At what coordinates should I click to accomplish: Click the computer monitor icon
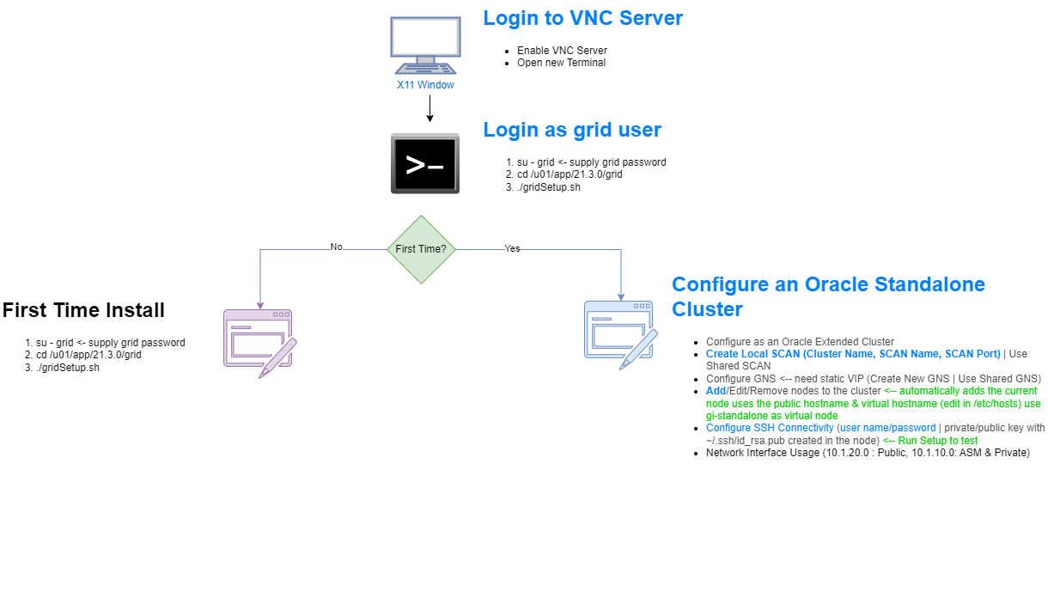(425, 46)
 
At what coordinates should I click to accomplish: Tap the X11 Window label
(425, 85)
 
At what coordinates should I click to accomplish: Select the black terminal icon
(425, 164)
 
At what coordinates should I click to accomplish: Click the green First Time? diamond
(421, 249)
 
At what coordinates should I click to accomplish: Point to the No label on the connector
(337, 247)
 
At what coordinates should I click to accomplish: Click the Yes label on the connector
(512, 248)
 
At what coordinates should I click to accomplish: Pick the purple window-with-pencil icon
(260, 344)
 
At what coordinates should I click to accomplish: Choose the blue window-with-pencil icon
(621, 335)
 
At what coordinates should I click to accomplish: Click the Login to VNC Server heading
(582, 18)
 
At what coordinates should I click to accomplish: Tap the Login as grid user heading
(572, 130)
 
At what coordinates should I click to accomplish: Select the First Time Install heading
(83, 310)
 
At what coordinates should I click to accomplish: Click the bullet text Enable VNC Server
(562, 51)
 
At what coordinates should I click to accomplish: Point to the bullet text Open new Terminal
(562, 63)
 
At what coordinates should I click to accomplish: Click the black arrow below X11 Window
(430, 108)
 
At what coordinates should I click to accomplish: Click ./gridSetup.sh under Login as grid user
(549, 187)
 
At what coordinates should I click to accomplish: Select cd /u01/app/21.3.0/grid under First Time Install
(88, 355)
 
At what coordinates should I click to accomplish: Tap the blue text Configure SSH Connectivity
(770, 428)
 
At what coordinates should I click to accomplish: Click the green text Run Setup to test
(937, 441)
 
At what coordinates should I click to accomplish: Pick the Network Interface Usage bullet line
(868, 453)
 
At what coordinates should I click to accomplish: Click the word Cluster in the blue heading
(707, 309)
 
